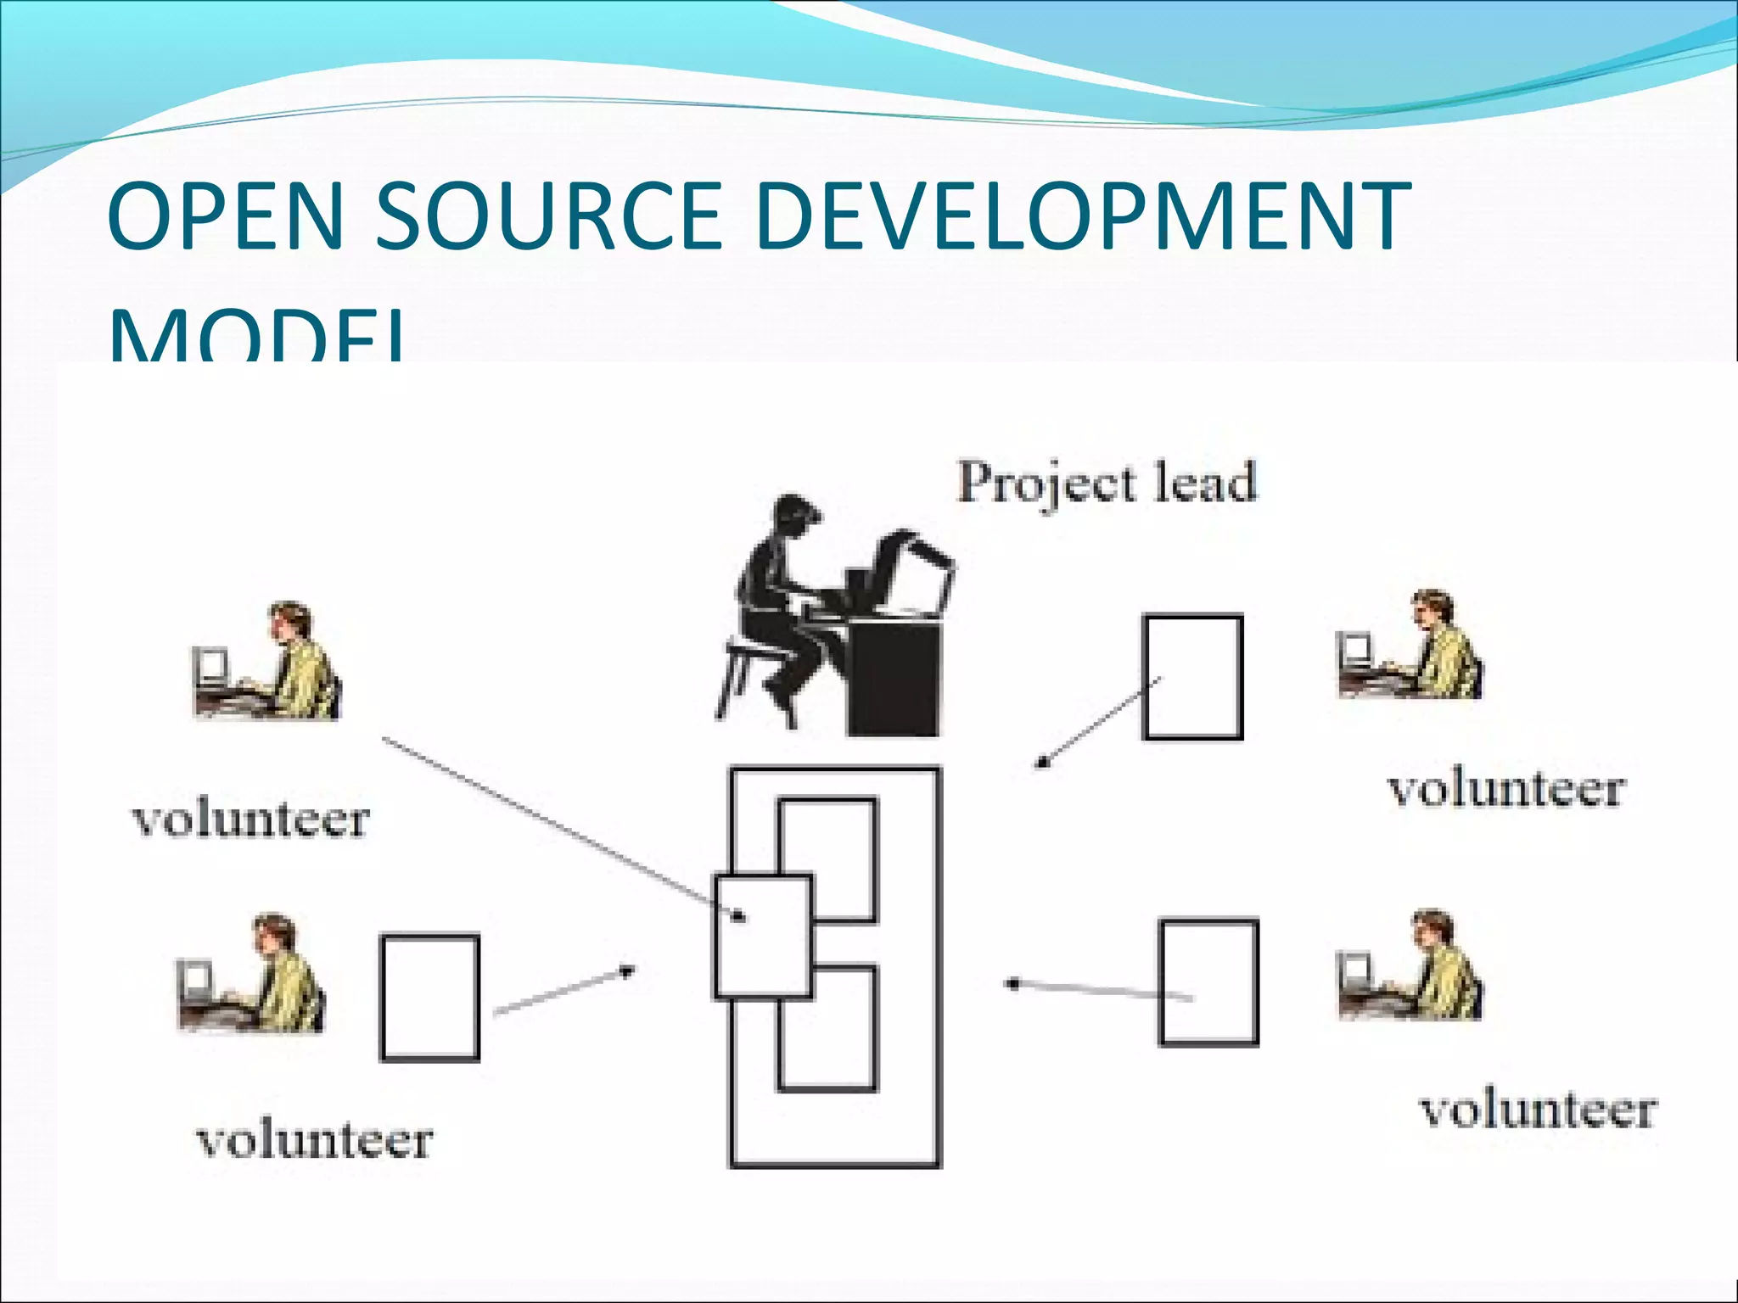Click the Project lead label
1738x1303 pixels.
[1107, 484]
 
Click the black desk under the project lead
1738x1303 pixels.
[894, 679]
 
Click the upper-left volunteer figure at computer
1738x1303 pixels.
[267, 662]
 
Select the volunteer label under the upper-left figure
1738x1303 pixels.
[251, 819]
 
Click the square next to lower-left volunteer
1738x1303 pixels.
[430, 998]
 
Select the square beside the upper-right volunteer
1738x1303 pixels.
[1192, 677]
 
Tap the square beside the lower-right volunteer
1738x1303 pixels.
[1208, 982]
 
